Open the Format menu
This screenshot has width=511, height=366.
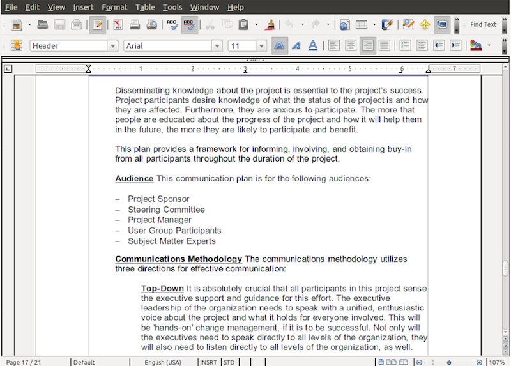click(x=114, y=7)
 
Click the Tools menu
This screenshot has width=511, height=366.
click(x=172, y=7)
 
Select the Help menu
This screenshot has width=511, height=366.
click(x=236, y=7)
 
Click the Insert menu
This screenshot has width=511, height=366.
click(x=83, y=7)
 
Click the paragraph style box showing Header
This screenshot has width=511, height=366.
click(x=68, y=46)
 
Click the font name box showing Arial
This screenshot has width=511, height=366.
click(x=169, y=46)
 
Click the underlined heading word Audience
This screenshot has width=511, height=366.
click(x=134, y=179)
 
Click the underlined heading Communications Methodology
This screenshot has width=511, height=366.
click(x=178, y=259)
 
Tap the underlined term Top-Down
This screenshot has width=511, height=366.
click(x=162, y=289)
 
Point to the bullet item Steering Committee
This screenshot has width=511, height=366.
click(x=166, y=210)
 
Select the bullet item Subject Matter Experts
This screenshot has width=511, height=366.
click(x=171, y=241)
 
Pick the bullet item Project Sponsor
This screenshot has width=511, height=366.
click(x=158, y=199)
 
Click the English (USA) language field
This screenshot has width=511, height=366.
click(x=163, y=362)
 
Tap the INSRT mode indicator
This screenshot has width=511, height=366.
click(x=208, y=362)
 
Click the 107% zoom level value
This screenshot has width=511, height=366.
click(x=497, y=362)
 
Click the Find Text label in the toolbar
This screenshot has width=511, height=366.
click(x=483, y=24)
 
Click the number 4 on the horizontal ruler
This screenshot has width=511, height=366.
click(x=298, y=68)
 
